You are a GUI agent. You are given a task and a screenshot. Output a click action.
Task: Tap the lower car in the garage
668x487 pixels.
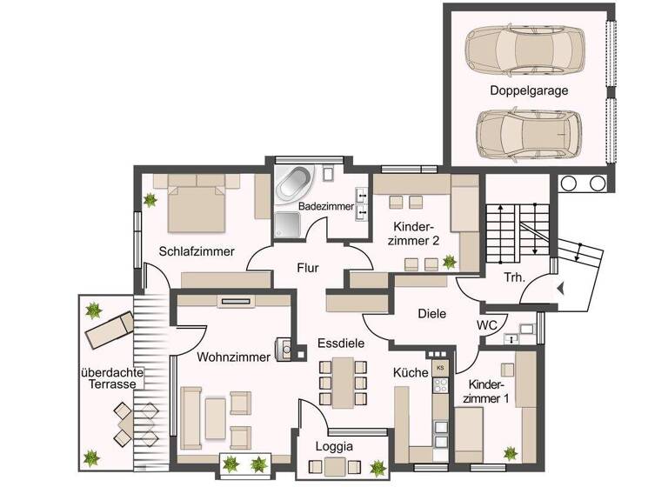tap(526, 132)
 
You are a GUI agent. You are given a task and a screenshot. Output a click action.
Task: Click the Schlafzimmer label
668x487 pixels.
tap(197, 251)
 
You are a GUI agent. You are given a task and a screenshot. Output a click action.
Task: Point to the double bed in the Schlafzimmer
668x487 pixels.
tap(197, 202)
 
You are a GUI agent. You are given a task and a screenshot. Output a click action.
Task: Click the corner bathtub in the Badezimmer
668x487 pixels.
tap(294, 185)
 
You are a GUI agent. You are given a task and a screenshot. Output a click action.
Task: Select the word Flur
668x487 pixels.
tap(309, 268)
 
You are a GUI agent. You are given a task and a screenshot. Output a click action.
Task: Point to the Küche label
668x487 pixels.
tap(411, 372)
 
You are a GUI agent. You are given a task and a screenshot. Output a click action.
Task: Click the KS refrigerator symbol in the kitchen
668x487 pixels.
tap(440, 367)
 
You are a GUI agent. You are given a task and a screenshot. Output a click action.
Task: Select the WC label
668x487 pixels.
tap(487, 325)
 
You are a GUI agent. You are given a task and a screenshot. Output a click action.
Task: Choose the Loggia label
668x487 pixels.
tap(335, 446)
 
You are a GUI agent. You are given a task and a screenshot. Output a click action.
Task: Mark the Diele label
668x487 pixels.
tap(431, 313)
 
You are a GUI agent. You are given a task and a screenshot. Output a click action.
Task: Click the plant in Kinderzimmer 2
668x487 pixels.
tap(450, 261)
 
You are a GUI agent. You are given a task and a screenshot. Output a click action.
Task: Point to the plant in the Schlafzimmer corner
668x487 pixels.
tap(150, 200)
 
